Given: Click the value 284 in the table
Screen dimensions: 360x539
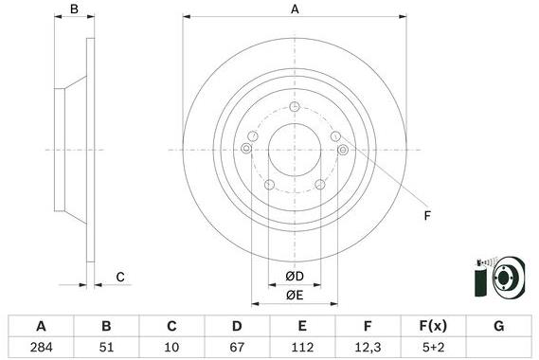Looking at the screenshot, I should pos(42,348).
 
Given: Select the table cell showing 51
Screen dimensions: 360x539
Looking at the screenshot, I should pos(107,348).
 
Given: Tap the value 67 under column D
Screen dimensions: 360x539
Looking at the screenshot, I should pos(236,348).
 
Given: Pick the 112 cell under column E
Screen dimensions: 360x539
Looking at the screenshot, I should pos(302,348).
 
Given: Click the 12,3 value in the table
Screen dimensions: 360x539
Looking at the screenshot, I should pos(367,348).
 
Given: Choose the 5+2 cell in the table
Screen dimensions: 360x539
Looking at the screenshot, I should pos(432,348).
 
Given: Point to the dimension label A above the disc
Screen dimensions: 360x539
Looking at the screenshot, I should pos(296,9).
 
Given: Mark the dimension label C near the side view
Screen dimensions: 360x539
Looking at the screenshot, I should pos(120,277).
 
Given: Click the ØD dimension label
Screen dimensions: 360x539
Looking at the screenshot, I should pos(295,277).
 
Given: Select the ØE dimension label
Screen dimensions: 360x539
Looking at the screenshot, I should pos(295,296).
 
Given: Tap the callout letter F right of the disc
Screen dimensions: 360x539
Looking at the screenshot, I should pos(427,217).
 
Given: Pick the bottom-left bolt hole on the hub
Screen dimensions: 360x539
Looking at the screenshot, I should pos(269,184).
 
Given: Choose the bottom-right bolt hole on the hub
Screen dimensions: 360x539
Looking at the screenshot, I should pos(319,184).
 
